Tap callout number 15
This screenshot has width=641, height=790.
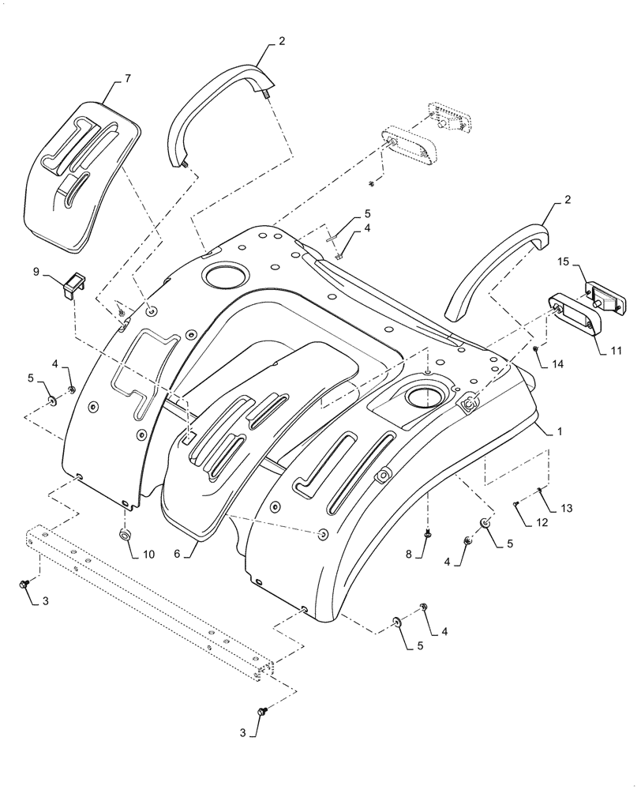coord(564,261)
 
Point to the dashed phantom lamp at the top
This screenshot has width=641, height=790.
coord(448,119)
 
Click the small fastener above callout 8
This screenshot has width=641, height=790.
coord(427,535)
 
